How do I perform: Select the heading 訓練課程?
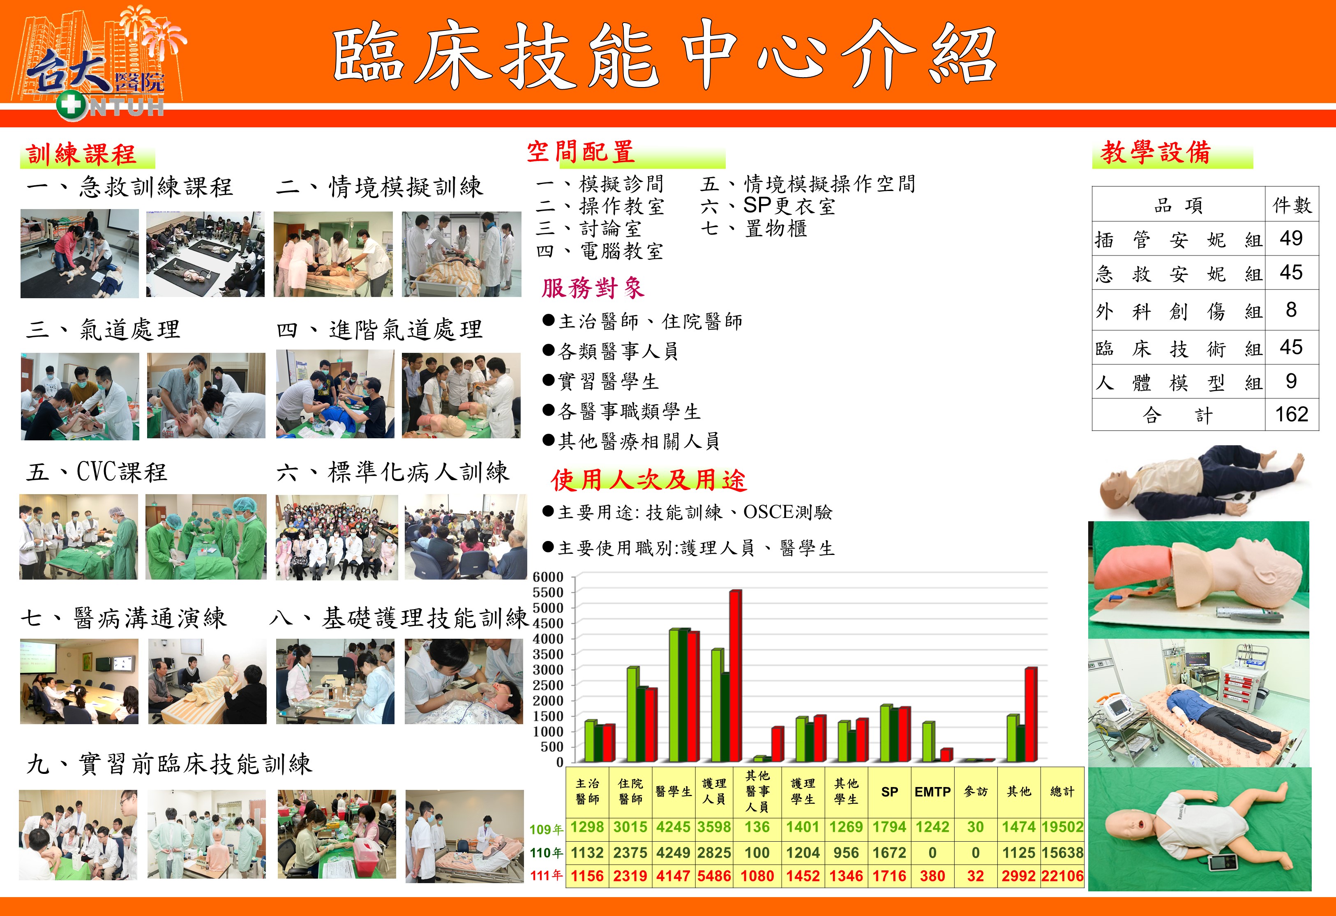[x=82, y=154]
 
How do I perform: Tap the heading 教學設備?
[x=1156, y=152]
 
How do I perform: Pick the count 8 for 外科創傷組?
[x=1291, y=310]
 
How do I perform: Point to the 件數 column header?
[x=1292, y=205]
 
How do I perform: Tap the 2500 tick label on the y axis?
[x=548, y=685]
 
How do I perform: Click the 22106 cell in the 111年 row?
[x=1062, y=876]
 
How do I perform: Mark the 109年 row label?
[x=546, y=829]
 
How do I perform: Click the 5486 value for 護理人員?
[x=714, y=876]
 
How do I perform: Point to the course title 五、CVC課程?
[x=97, y=472]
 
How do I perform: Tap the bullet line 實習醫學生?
[x=601, y=381]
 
